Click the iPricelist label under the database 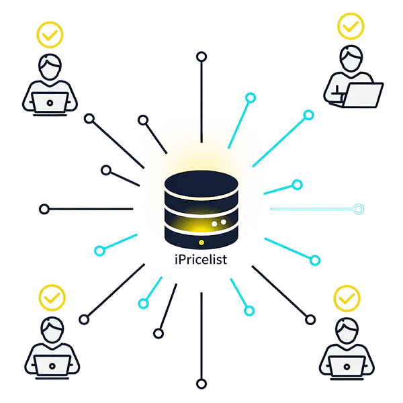point(200,261)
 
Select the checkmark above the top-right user point(350,26)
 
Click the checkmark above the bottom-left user point(51,296)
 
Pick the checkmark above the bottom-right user point(347,296)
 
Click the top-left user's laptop point(50,103)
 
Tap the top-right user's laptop point(361,93)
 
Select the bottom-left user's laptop point(51,365)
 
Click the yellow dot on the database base point(200,242)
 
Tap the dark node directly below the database point(200,384)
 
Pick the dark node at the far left point(44,209)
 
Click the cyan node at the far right point(359,209)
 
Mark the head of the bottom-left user point(51,328)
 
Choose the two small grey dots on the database point(219,221)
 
